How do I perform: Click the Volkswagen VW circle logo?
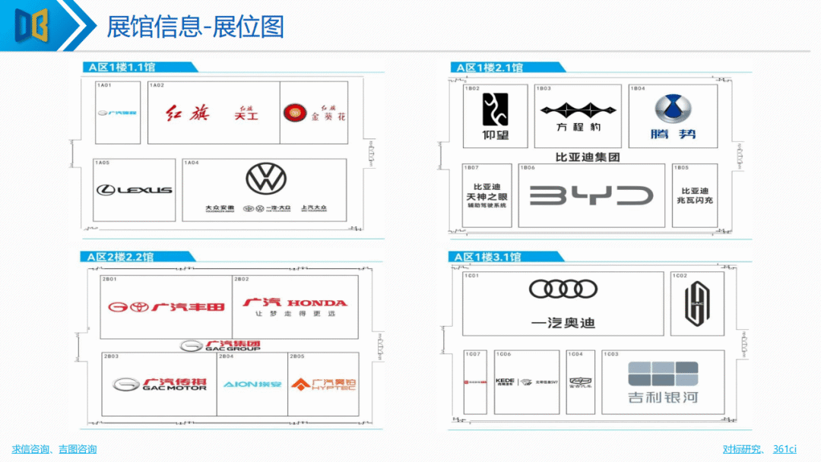click(x=266, y=179)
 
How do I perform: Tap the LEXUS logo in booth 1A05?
click(x=134, y=189)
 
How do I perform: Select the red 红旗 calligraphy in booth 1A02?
click(x=185, y=114)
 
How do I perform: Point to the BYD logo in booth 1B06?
click(x=591, y=195)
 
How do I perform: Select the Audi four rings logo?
click(x=563, y=289)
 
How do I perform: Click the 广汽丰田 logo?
click(x=166, y=307)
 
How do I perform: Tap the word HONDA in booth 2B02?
click(x=317, y=302)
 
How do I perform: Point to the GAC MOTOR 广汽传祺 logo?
click(x=160, y=384)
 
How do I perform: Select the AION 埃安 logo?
click(x=252, y=384)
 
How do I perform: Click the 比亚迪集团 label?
click(x=588, y=157)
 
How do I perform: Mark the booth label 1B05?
click(x=682, y=167)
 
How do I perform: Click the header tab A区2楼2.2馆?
click(x=120, y=257)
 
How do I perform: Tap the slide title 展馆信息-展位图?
click(x=195, y=27)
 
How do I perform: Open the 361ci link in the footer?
click(x=785, y=449)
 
